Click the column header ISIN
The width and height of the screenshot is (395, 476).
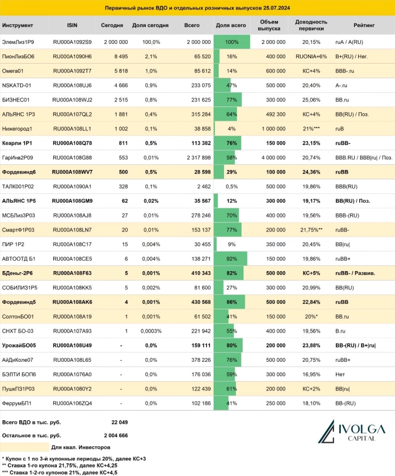tap(72, 25)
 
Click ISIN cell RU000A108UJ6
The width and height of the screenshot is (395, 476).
tap(72, 85)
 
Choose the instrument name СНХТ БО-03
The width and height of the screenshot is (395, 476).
tap(19, 330)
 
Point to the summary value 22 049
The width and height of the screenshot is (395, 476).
tap(119, 422)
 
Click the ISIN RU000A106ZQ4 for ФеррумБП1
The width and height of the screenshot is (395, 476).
tap(72, 402)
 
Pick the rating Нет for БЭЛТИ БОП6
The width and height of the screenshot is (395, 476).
tap(340, 373)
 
